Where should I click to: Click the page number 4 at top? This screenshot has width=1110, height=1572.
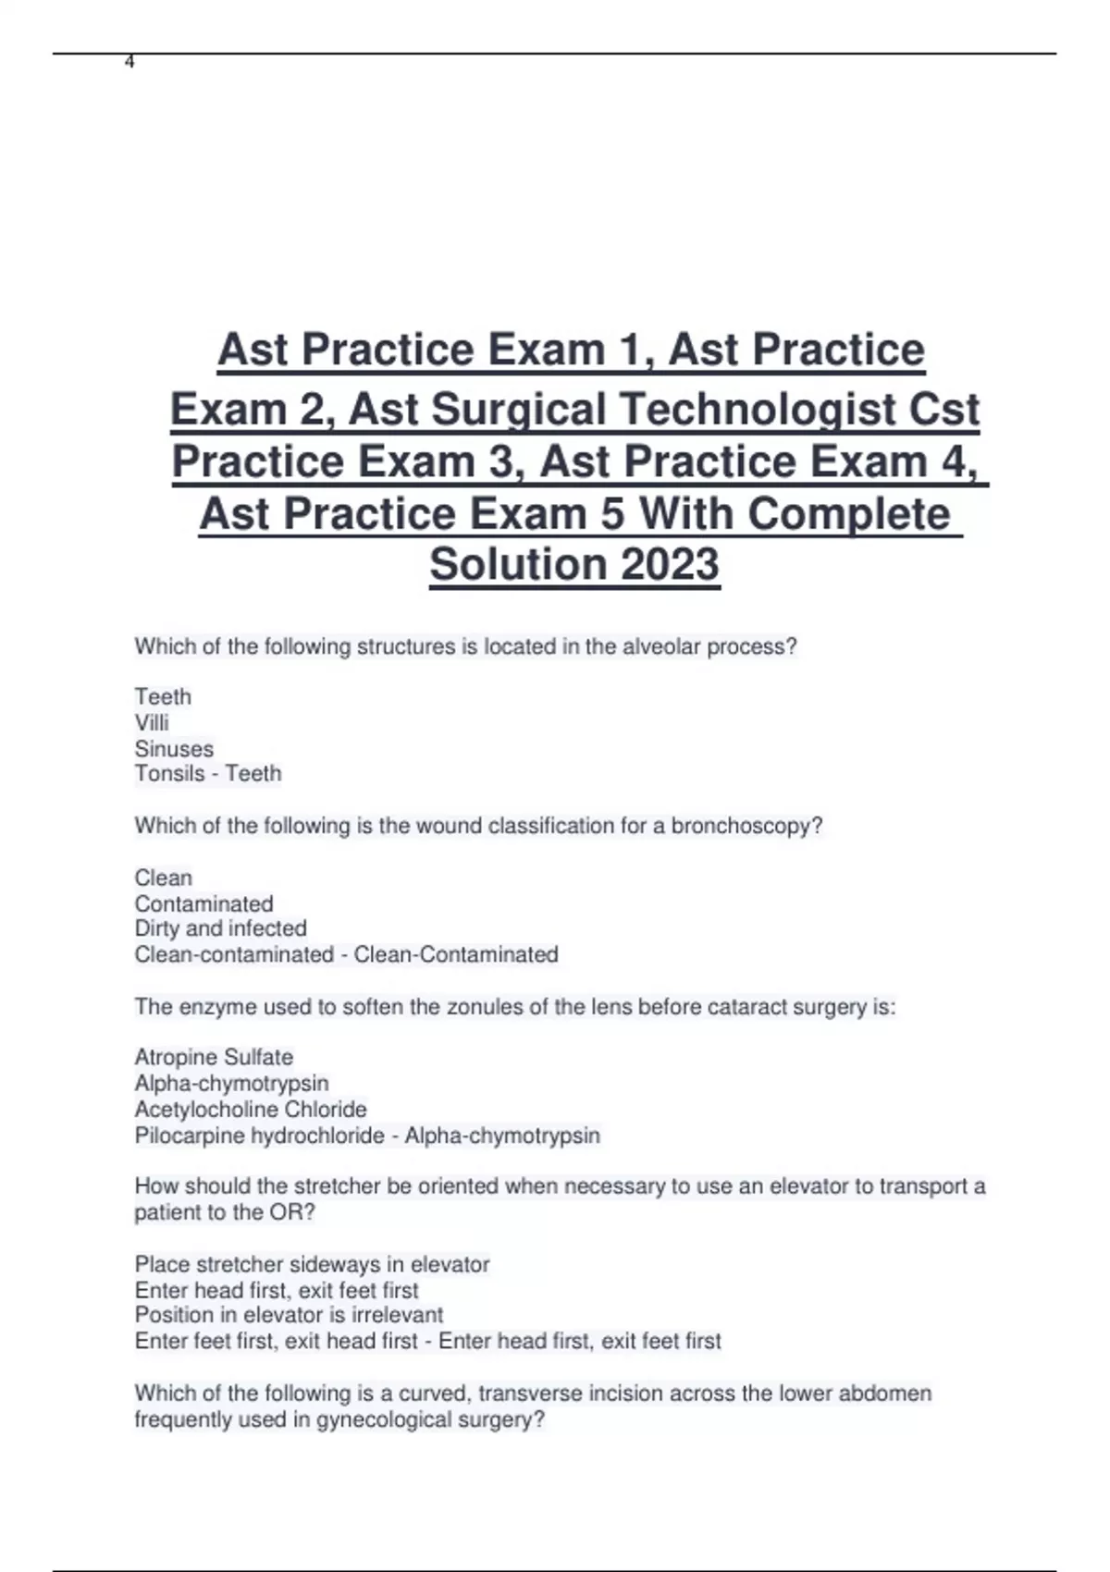pos(129,62)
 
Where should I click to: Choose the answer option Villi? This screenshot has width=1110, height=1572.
pos(152,722)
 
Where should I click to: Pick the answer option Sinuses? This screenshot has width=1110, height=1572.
pos(174,748)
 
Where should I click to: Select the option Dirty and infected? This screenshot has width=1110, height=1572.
pos(220,927)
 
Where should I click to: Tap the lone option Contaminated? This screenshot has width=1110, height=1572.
pos(203,903)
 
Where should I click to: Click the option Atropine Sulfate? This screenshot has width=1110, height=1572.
pos(214,1057)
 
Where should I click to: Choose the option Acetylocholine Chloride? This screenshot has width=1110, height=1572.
pos(251,1109)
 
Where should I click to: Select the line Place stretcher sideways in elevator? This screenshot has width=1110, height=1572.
pos(312,1264)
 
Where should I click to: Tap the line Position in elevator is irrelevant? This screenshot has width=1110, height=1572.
pos(289,1314)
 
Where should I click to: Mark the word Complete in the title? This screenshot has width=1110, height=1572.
pos(848,513)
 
